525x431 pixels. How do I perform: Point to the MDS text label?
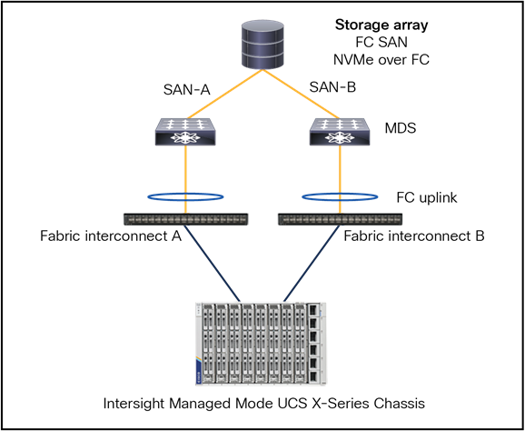[x=400, y=128]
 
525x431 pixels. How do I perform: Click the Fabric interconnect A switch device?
[x=184, y=219]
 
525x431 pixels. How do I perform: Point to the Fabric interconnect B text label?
[x=414, y=236]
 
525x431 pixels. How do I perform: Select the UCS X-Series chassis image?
[x=262, y=343]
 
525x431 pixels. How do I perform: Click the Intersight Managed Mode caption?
[x=262, y=403]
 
